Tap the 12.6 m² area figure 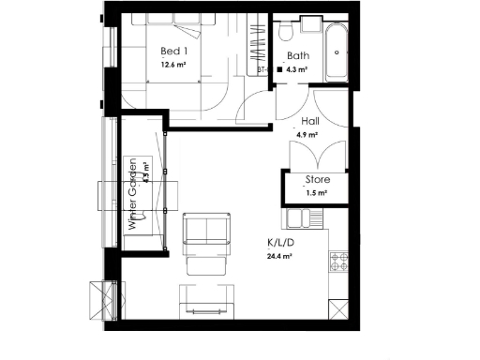pyautogui.click(x=172, y=65)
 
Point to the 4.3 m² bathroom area pyautogui.click(x=302, y=69)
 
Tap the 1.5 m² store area pyautogui.click(x=316, y=194)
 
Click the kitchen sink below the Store pyautogui.click(x=306, y=220)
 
